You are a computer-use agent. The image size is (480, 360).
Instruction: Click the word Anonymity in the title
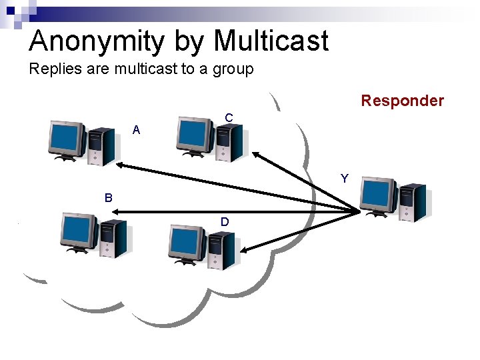tap(96, 41)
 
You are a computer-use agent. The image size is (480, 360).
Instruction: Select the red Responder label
tap(402, 101)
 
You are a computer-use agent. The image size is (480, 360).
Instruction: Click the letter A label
tap(136, 131)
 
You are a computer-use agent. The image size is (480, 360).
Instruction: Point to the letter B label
tap(108, 198)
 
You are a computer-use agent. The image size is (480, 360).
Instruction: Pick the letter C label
tap(229, 118)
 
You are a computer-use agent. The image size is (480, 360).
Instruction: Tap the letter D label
tap(225, 221)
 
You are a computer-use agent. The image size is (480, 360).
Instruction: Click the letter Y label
tap(344, 179)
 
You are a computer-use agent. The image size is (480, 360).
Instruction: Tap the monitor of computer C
tap(193, 134)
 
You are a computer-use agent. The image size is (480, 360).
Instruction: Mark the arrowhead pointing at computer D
tap(244, 250)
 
